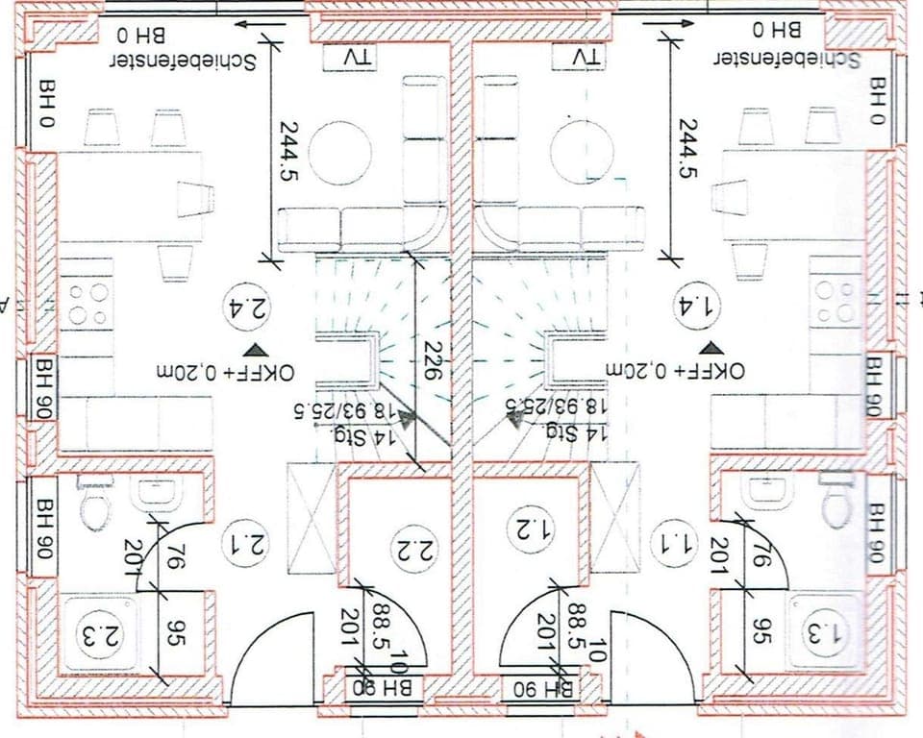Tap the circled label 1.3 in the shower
click(x=826, y=635)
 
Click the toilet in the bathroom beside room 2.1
click(x=95, y=506)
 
